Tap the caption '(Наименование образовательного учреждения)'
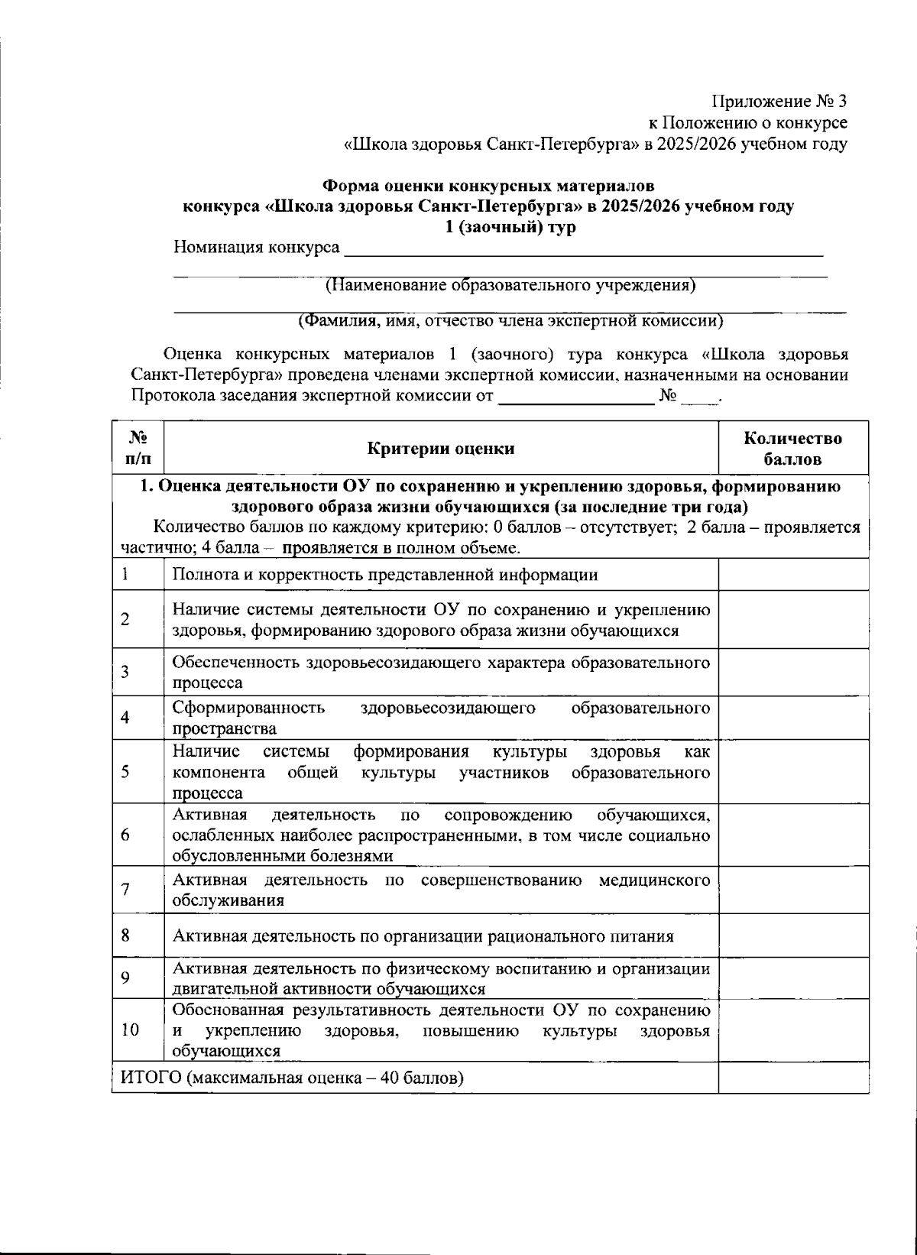(x=510, y=286)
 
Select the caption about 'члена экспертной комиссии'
(x=510, y=321)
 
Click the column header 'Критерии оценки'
(x=441, y=449)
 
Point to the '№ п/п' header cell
(x=138, y=449)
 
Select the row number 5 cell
(x=125, y=772)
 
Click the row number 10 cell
(x=130, y=1030)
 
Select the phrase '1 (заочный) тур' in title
(x=510, y=228)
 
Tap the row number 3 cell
(x=125, y=672)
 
